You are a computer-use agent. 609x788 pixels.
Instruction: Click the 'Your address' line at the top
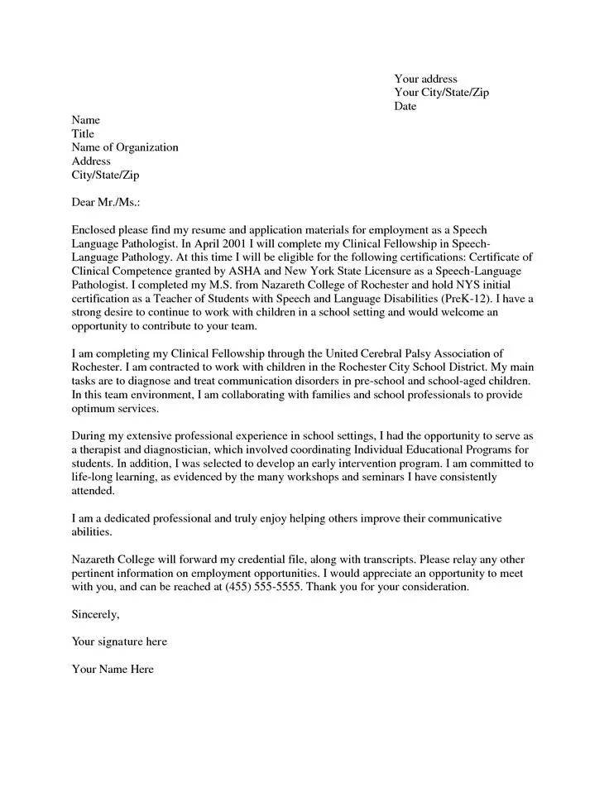425,79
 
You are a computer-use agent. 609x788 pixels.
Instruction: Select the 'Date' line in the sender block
405,107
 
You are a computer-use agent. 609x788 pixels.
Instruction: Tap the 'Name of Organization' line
125,147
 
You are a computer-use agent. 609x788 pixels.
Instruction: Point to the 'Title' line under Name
84,134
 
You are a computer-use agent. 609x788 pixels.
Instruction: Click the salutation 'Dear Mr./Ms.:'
106,201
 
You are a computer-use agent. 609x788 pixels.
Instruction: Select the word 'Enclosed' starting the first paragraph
96,228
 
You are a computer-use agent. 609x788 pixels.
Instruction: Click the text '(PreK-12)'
467,297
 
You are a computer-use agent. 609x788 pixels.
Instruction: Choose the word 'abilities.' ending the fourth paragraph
91,532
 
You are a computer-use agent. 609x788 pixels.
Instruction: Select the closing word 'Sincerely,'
96,614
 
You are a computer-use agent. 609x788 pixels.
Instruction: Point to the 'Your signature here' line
119,641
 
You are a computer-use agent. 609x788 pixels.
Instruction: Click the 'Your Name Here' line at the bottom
113,669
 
